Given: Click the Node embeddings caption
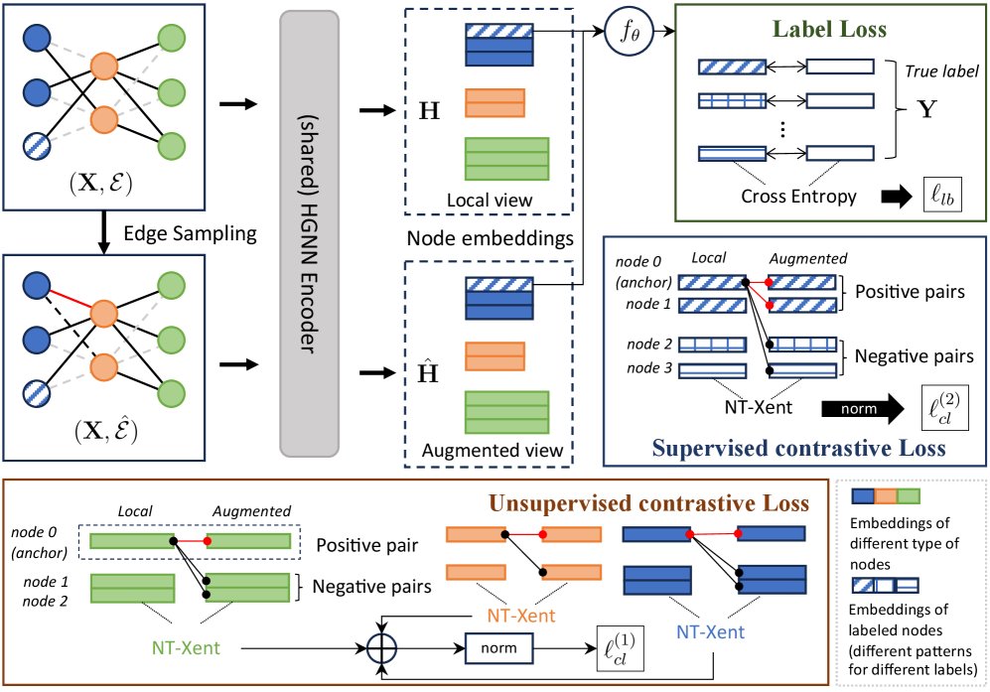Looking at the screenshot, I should click(492, 238).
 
